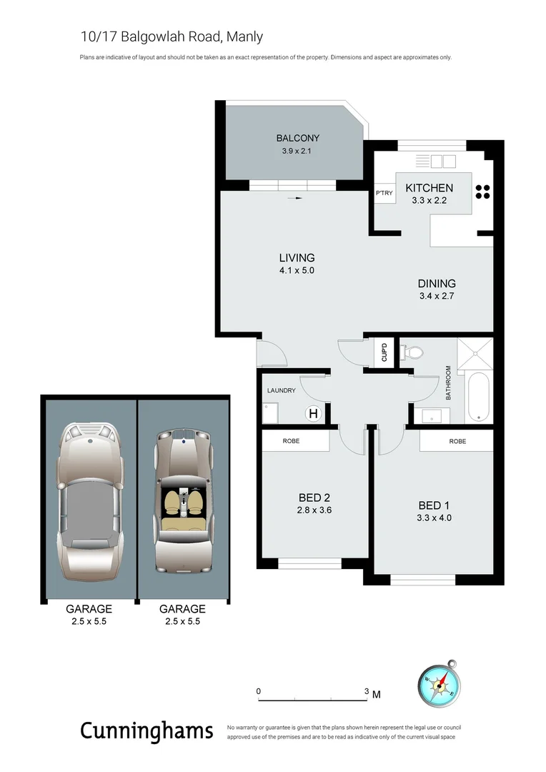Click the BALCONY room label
(x=297, y=138)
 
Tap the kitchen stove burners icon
(x=482, y=191)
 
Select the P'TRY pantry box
(x=383, y=194)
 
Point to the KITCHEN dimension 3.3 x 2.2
(x=429, y=201)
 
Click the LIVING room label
(x=297, y=257)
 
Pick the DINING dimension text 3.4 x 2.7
(x=437, y=296)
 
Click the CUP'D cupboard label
(x=384, y=352)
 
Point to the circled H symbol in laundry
(x=312, y=413)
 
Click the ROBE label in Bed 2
(x=291, y=441)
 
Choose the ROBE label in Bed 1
(x=457, y=441)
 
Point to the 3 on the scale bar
(x=367, y=691)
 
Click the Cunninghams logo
(x=147, y=731)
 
